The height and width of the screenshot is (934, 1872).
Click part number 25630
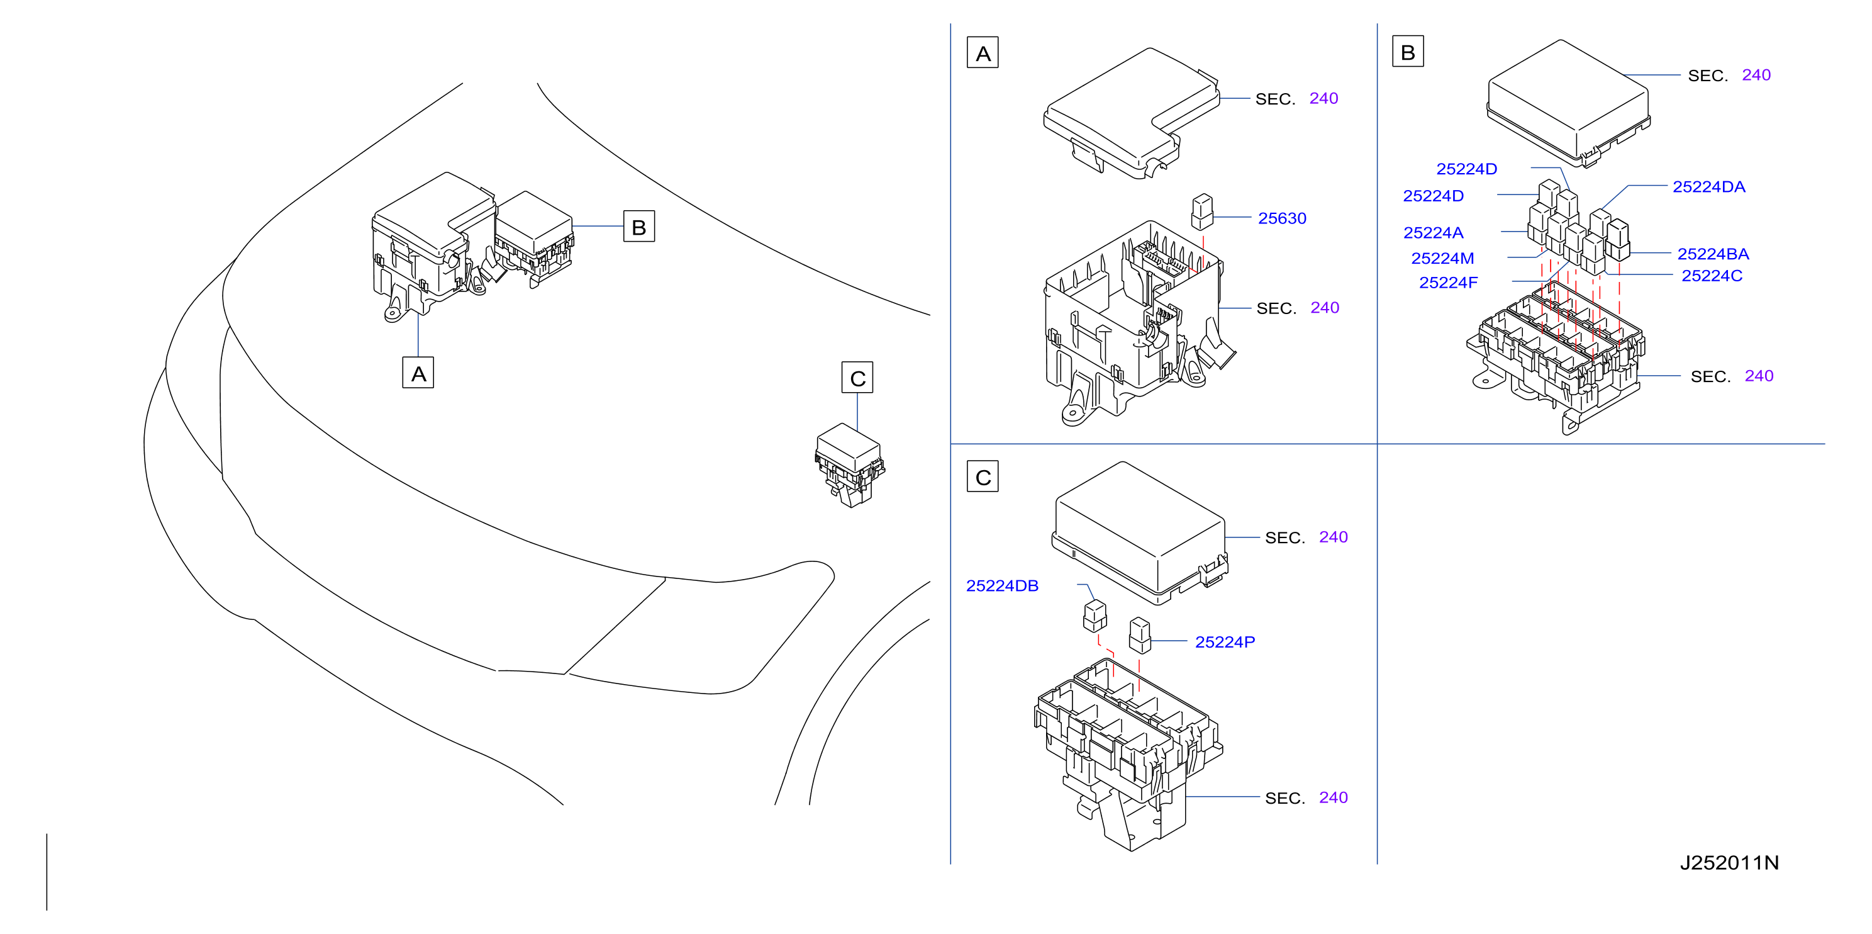point(1282,218)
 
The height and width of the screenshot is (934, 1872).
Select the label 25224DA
point(1708,187)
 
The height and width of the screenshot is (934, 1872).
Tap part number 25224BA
point(1713,254)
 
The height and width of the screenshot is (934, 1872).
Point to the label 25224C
point(1712,276)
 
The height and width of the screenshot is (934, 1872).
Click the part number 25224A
point(1433,233)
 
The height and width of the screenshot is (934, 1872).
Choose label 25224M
point(1442,258)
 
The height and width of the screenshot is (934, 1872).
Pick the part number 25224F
point(1448,283)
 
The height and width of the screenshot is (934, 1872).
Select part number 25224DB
point(1002,586)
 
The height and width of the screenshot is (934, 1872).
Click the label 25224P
point(1225,642)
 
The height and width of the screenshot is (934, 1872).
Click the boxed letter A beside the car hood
point(418,373)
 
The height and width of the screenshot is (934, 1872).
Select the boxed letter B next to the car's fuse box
point(638,226)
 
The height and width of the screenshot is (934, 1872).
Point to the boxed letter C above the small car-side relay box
point(857,377)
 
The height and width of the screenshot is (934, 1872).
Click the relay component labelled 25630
point(1202,211)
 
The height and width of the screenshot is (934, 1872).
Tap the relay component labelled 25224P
point(1139,636)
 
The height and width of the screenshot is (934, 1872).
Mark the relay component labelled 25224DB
point(1095,616)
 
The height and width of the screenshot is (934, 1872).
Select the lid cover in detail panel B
point(1568,103)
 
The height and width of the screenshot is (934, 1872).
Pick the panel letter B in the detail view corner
point(1408,52)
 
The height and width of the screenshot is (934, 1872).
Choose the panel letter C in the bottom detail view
point(983,477)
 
